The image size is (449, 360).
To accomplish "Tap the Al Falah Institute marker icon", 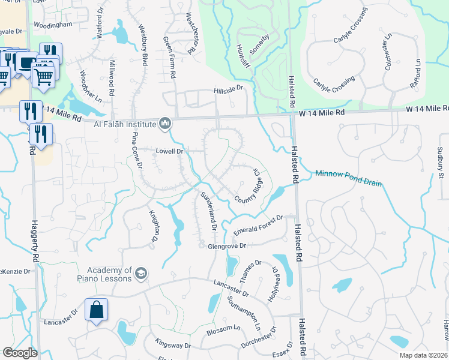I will click(x=166, y=124).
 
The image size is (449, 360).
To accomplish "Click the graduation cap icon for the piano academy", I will click(x=141, y=274).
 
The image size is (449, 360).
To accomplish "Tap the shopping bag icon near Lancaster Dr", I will click(x=96, y=310).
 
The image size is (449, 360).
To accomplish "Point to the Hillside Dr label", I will click(x=228, y=88).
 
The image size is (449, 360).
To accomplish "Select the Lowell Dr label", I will click(x=170, y=151).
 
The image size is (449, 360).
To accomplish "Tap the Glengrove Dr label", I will click(x=228, y=246).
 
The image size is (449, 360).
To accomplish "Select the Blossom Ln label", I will click(x=223, y=330).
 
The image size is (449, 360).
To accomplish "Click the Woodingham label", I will click(x=53, y=25).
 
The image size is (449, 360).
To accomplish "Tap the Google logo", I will click(x=20, y=352).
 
